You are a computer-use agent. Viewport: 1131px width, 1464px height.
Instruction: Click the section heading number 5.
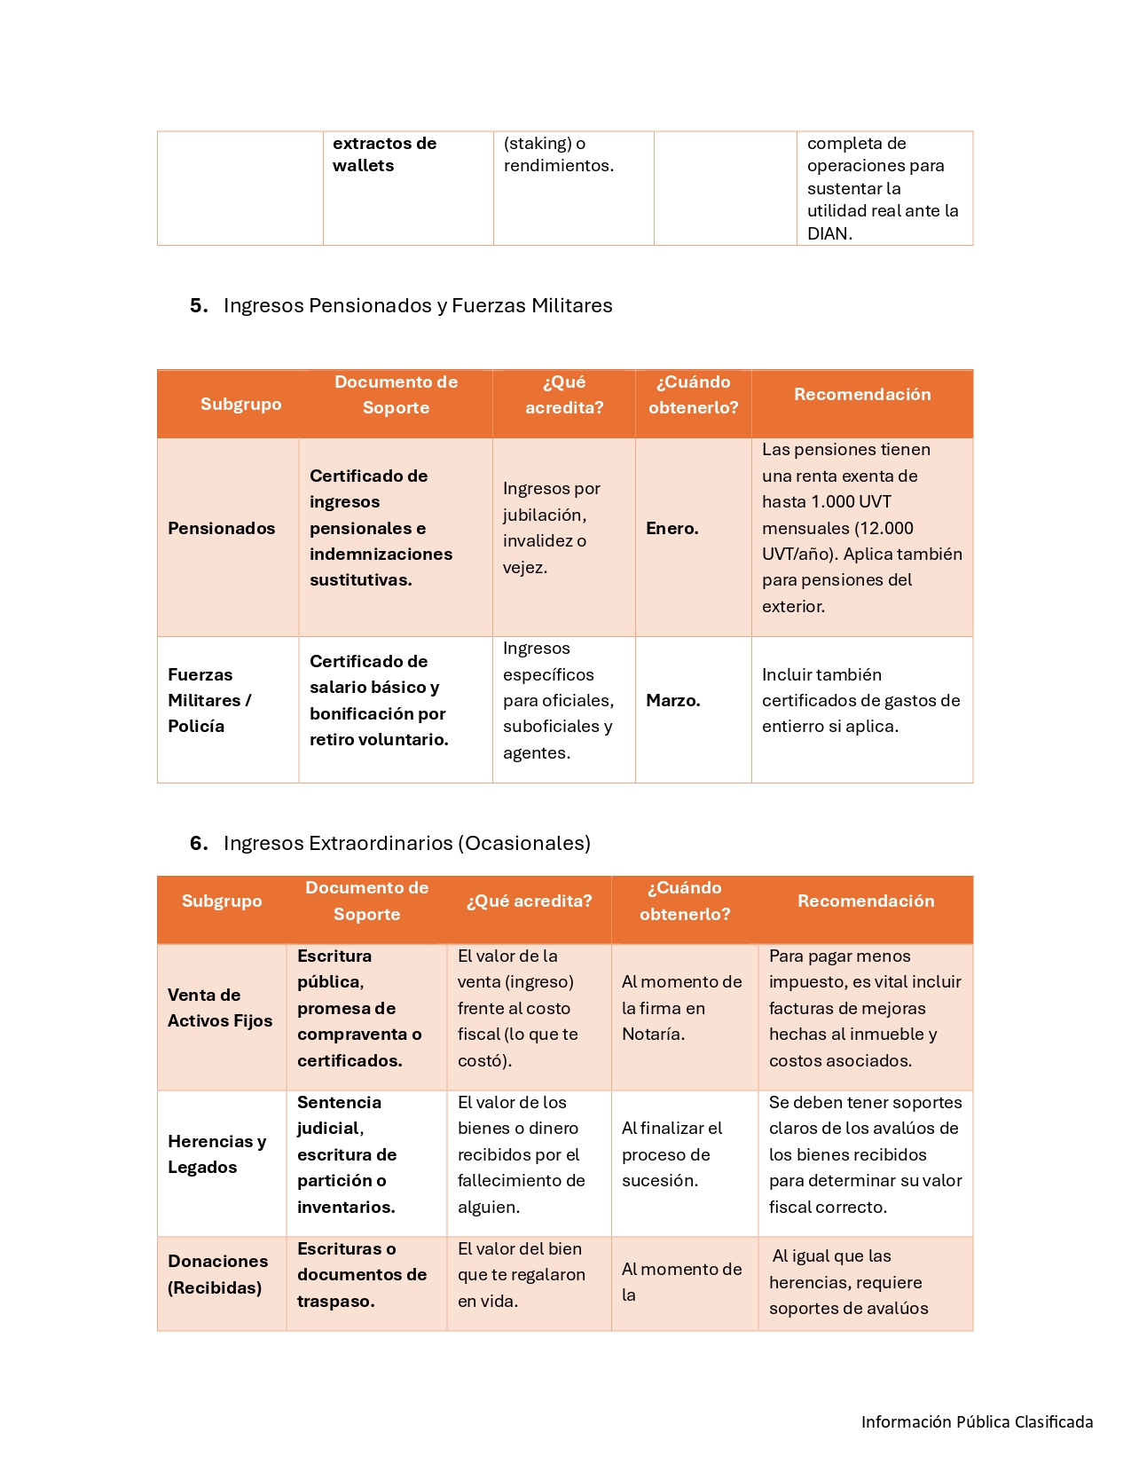point(198,306)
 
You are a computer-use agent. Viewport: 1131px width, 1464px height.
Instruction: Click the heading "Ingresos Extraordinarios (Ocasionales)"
point(406,843)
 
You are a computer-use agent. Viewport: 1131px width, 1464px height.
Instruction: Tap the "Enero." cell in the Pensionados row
point(672,529)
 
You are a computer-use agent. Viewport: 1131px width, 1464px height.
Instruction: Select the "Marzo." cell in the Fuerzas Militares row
point(672,701)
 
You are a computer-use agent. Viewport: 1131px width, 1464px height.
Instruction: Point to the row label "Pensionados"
point(221,529)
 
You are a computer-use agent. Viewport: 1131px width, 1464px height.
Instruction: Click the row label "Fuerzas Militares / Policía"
point(209,701)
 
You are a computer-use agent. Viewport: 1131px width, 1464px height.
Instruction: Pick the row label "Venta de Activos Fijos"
point(219,1008)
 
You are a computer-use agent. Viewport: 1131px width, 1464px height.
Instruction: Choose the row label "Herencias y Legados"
point(216,1154)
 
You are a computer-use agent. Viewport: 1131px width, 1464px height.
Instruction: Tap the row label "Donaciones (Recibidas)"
point(217,1274)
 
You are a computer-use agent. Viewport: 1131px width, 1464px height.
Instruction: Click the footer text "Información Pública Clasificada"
point(977,1422)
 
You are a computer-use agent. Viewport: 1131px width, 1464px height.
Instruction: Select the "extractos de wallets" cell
point(384,154)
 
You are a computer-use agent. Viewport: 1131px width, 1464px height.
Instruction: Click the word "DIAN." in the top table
point(829,234)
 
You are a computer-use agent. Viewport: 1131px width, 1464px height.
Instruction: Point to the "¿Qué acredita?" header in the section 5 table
point(563,395)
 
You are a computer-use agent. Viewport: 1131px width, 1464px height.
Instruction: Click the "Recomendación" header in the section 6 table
point(865,901)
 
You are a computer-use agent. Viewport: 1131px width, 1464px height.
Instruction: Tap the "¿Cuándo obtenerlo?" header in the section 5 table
point(693,395)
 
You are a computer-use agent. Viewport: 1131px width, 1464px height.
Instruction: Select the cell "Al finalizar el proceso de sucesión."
point(672,1154)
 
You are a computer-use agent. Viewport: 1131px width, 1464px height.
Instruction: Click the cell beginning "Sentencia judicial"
point(347,1154)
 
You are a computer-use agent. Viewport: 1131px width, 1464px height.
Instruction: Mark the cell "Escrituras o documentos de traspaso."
point(361,1275)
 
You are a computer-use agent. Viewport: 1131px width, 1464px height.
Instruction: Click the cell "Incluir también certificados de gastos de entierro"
point(860,701)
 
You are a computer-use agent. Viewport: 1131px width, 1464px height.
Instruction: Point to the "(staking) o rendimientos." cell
point(558,154)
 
